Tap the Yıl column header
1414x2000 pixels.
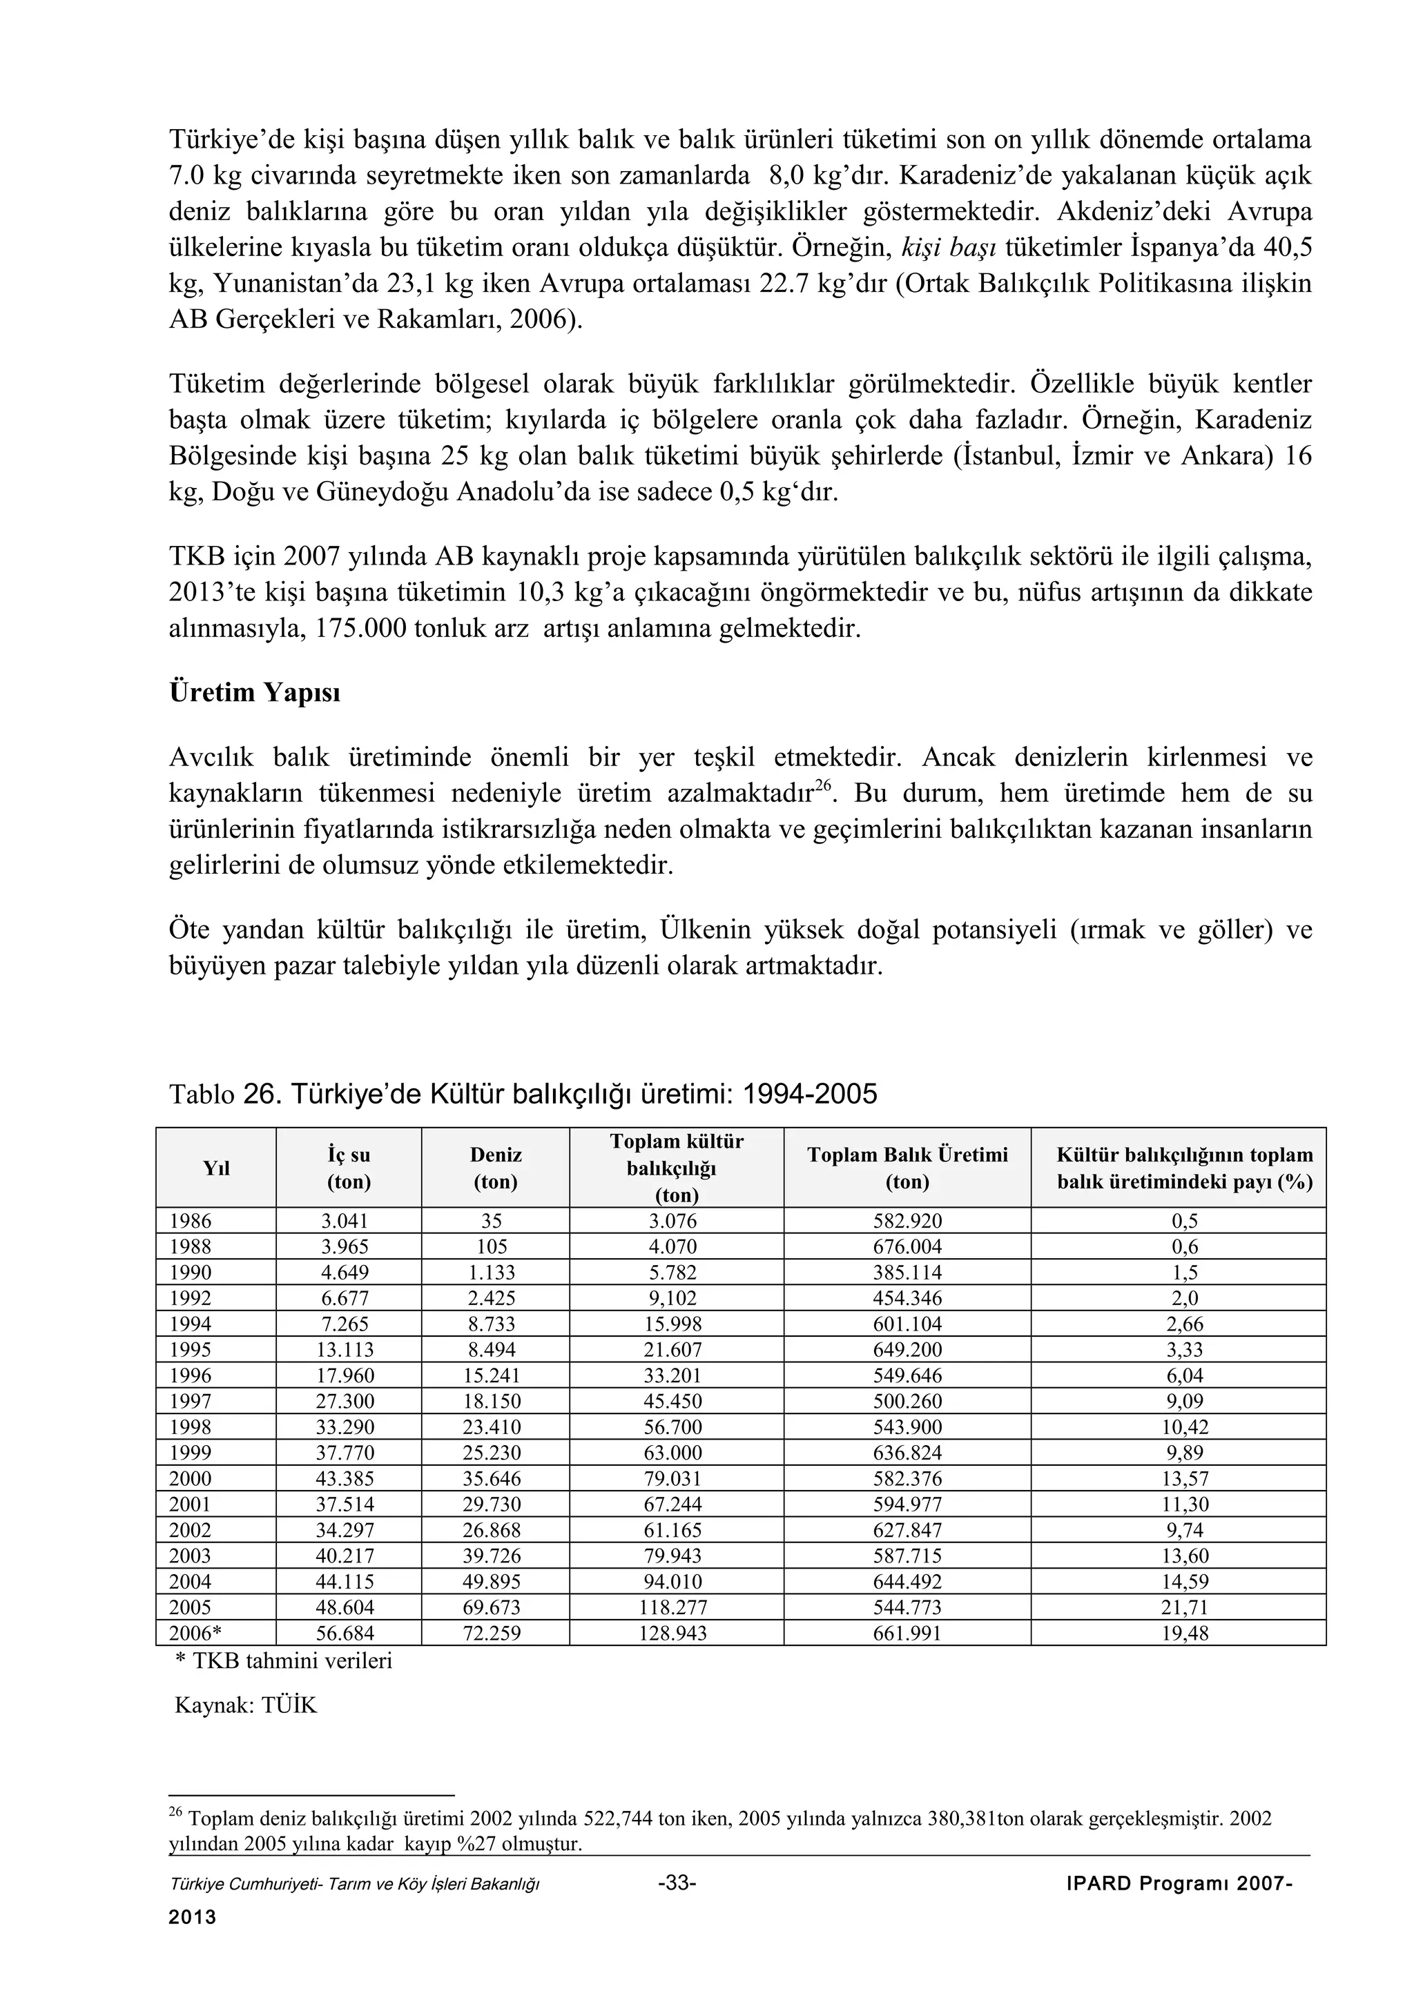point(216,1168)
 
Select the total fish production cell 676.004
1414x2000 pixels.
point(907,1246)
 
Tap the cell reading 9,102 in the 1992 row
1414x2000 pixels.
point(676,1298)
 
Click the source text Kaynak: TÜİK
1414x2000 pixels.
point(246,1705)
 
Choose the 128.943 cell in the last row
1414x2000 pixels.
point(676,1634)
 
